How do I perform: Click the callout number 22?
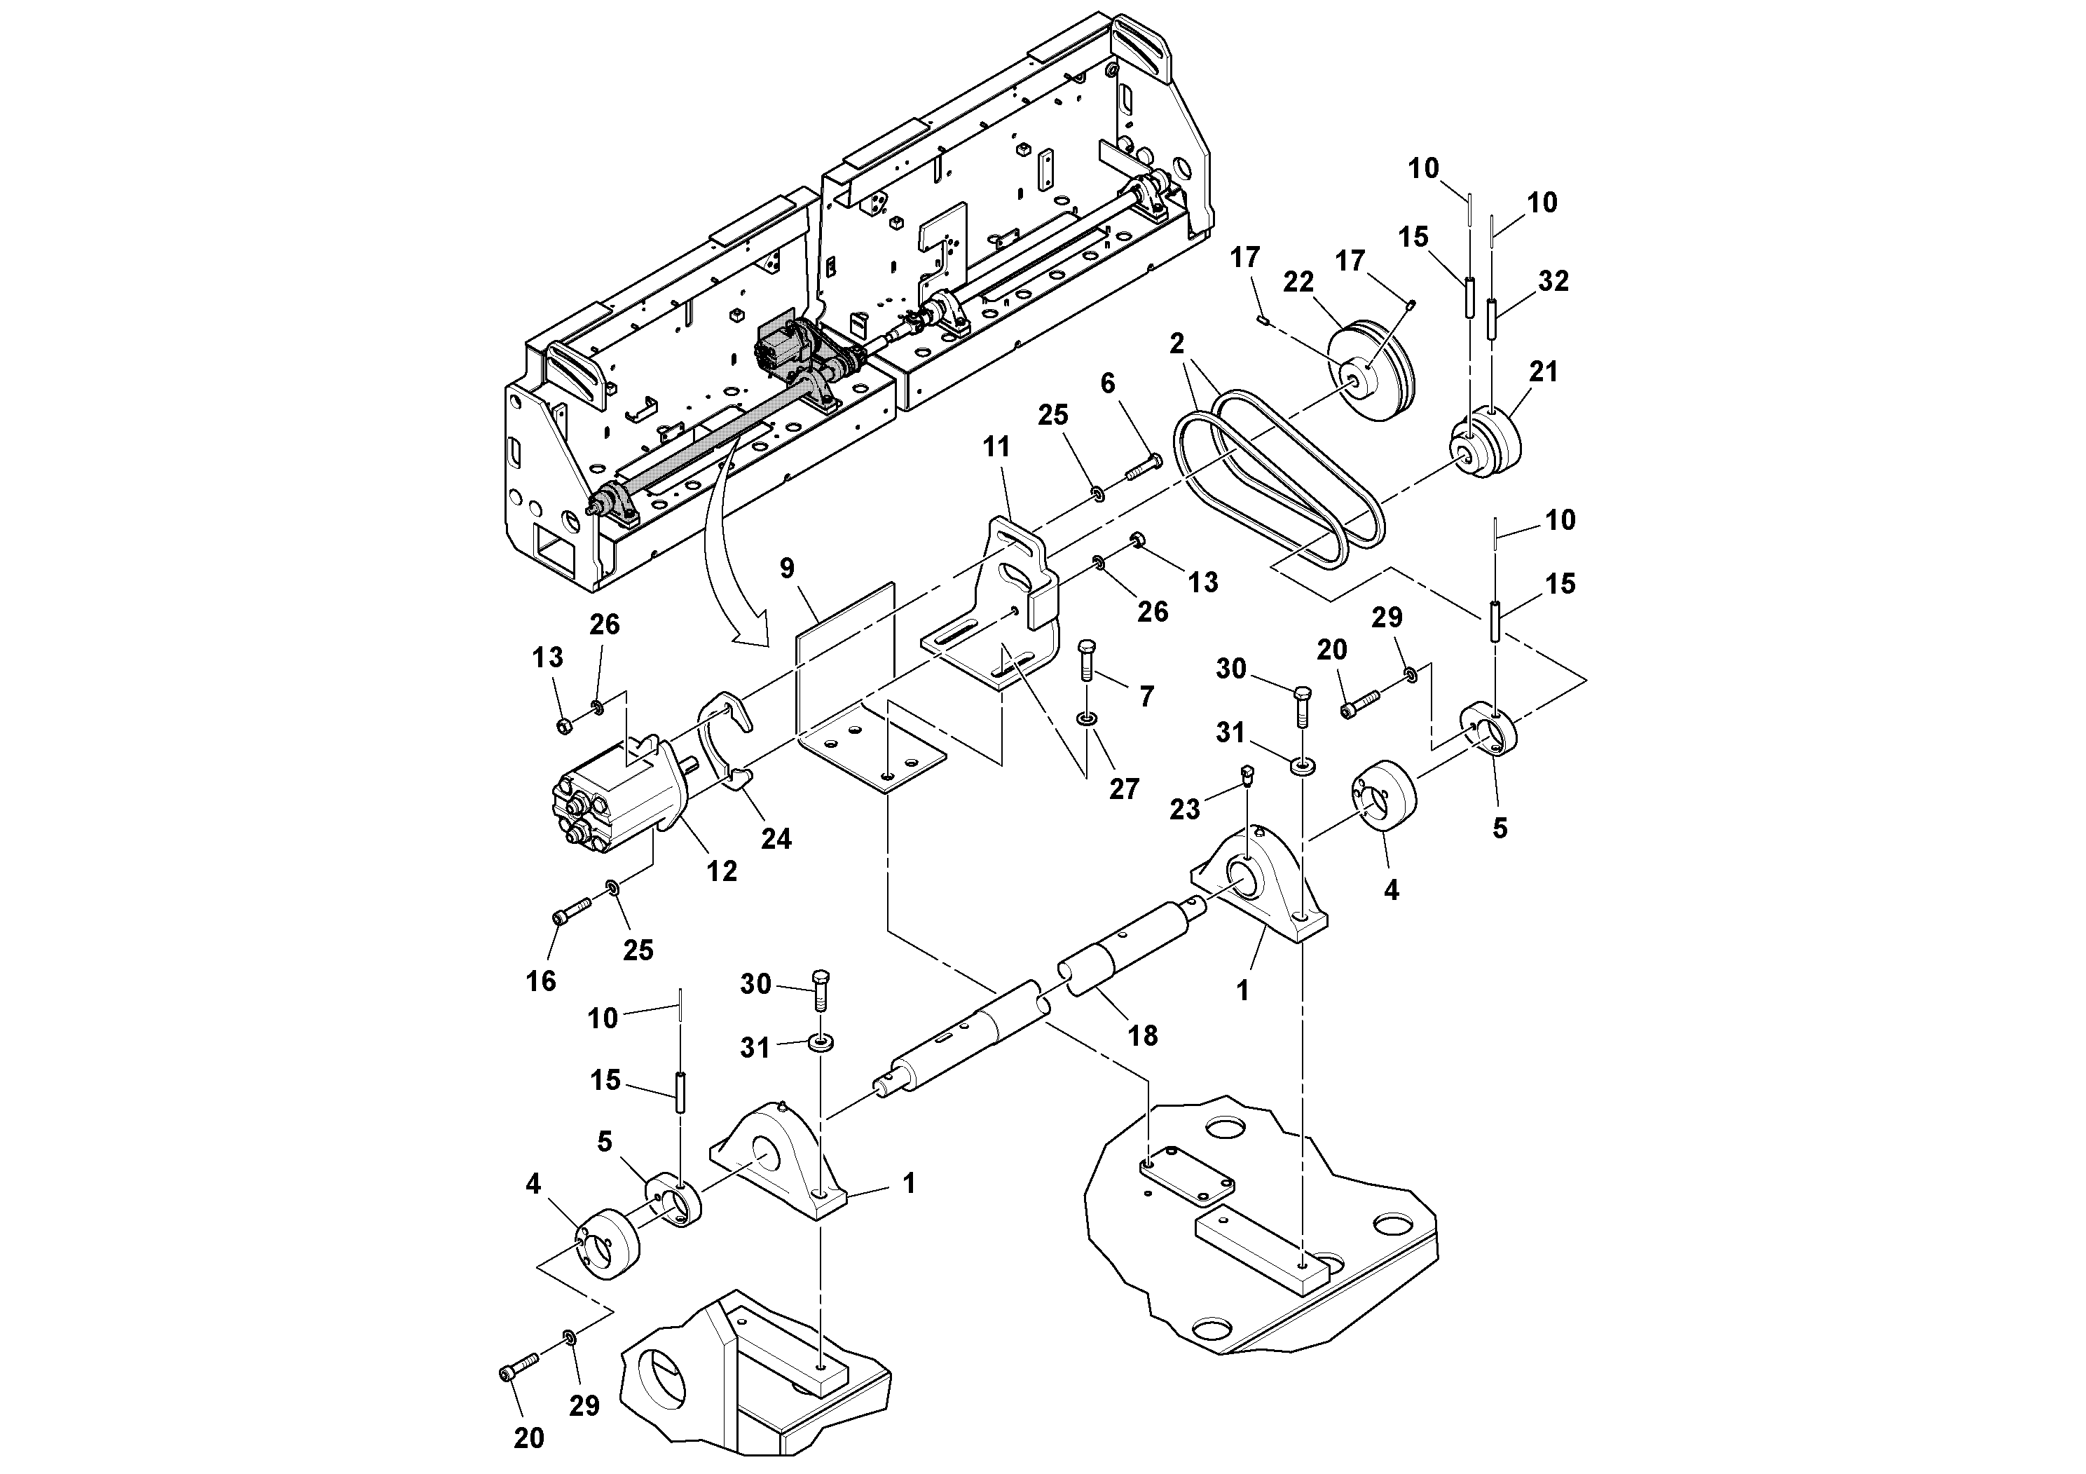[x=1298, y=282]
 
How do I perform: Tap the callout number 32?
[x=1553, y=281]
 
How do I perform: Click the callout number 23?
[x=1183, y=809]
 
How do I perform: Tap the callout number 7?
[x=1146, y=696]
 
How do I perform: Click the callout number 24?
[x=776, y=838]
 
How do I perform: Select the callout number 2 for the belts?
[x=1176, y=343]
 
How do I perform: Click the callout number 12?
[x=722, y=871]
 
